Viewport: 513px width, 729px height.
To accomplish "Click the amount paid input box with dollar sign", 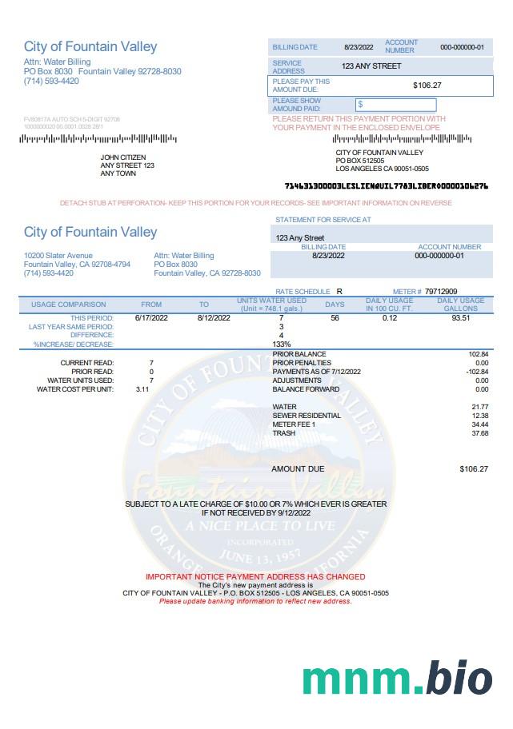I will [x=395, y=105].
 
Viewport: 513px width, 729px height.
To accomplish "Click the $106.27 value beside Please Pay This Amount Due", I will [x=427, y=85].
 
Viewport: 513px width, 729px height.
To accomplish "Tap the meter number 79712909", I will [x=441, y=292].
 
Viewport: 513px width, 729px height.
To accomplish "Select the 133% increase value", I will [x=281, y=344].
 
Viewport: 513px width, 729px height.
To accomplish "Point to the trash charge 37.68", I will [x=480, y=433].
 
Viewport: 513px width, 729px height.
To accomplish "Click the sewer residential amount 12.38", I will [x=480, y=416].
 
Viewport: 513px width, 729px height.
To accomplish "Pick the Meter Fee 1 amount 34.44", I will [x=480, y=424].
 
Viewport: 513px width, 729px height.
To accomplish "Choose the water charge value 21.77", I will [x=480, y=407].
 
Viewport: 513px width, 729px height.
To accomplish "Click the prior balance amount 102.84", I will [x=479, y=353].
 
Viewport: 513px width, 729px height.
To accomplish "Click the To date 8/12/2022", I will [x=214, y=317].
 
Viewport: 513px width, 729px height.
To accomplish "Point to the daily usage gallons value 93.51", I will [x=460, y=317].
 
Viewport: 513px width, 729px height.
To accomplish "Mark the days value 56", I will [x=335, y=317].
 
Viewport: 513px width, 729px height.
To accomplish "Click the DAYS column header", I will [x=335, y=305].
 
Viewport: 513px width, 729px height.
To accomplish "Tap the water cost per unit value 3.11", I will [x=142, y=389].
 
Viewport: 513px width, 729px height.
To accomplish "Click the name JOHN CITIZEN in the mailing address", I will [x=121, y=157].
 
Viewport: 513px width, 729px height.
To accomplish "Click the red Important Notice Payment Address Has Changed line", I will [x=255, y=576].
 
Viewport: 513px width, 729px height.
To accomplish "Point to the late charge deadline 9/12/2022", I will [x=294, y=512].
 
